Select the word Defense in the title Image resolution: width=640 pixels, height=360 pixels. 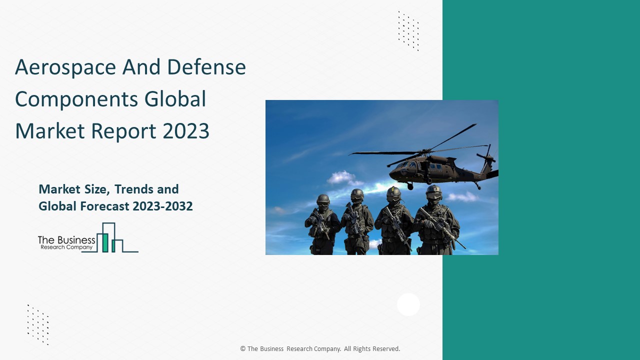206,67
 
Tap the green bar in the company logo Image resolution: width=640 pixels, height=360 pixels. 105,242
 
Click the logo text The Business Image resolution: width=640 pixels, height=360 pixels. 66,240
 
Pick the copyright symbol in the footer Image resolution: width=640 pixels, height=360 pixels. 243,349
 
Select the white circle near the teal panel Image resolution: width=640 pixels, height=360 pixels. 408,304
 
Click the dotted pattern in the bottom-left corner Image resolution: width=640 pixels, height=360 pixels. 38,324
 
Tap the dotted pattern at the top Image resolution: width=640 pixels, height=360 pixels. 408,31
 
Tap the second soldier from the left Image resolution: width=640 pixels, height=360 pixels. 356,222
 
